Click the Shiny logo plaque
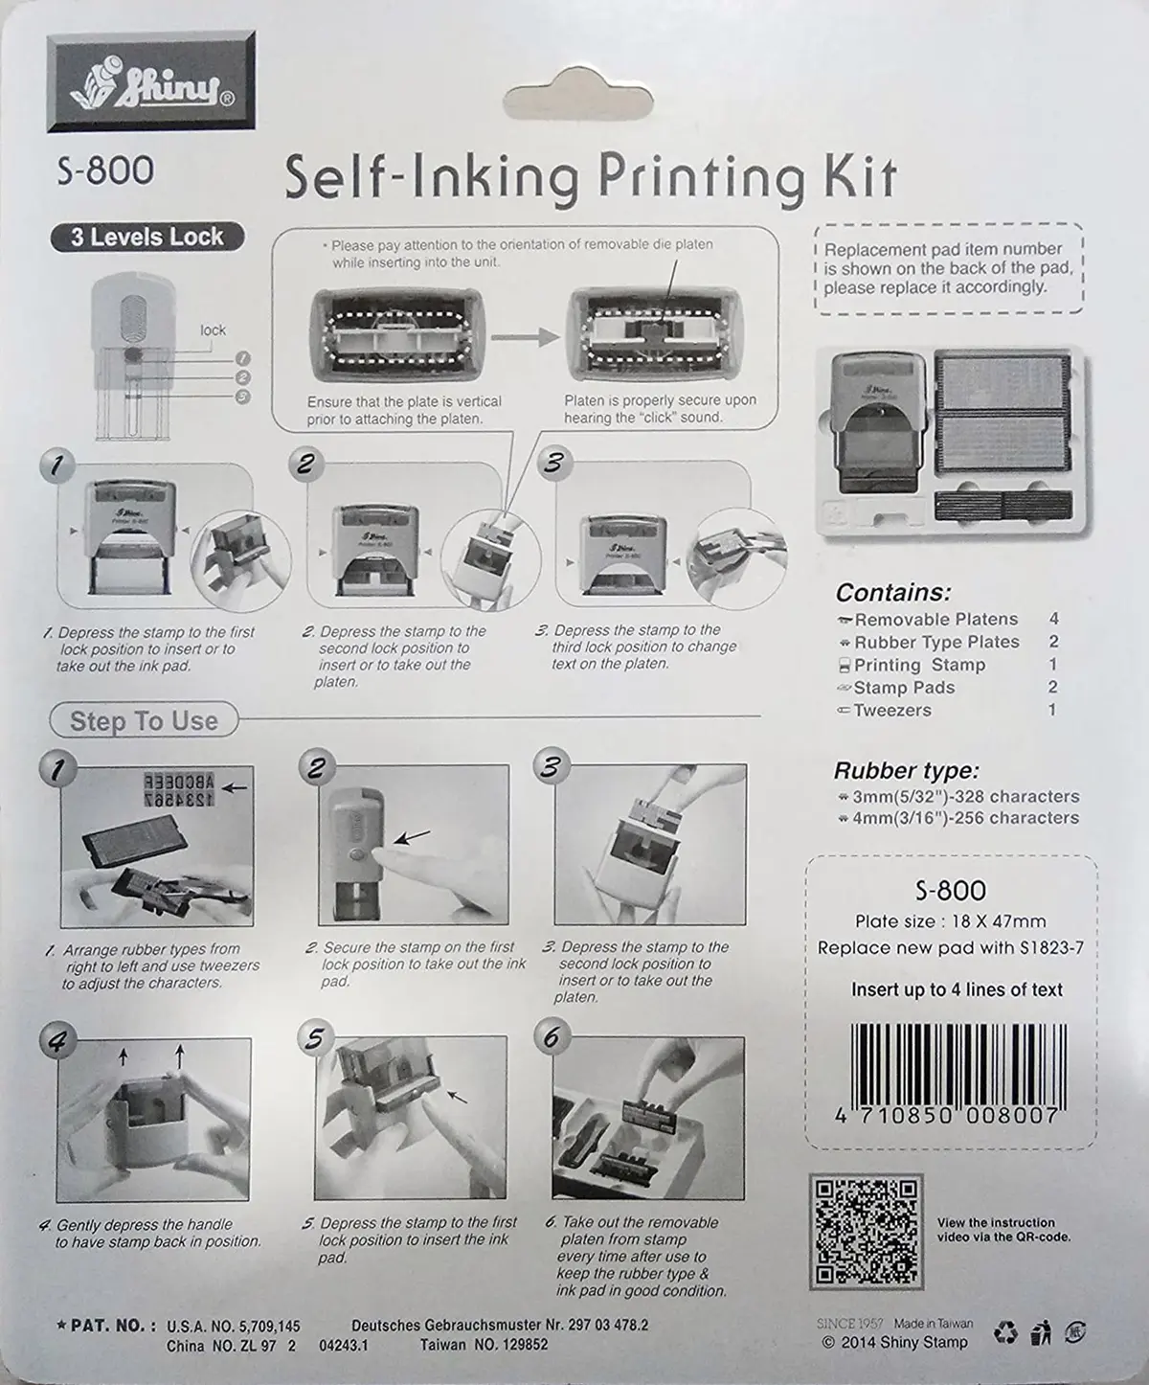point(151,80)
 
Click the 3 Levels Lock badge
point(147,238)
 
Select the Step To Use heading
point(144,720)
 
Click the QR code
point(866,1231)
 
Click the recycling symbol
point(1005,1332)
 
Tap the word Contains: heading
point(893,592)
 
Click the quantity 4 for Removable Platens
point(1053,619)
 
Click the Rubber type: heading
point(906,771)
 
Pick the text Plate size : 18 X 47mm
point(950,921)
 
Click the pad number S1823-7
point(1052,948)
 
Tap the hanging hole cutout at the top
point(578,102)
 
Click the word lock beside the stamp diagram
point(213,329)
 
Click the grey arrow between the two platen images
point(525,337)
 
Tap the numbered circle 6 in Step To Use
point(552,1036)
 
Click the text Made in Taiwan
point(933,1324)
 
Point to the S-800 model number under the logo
point(105,170)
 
